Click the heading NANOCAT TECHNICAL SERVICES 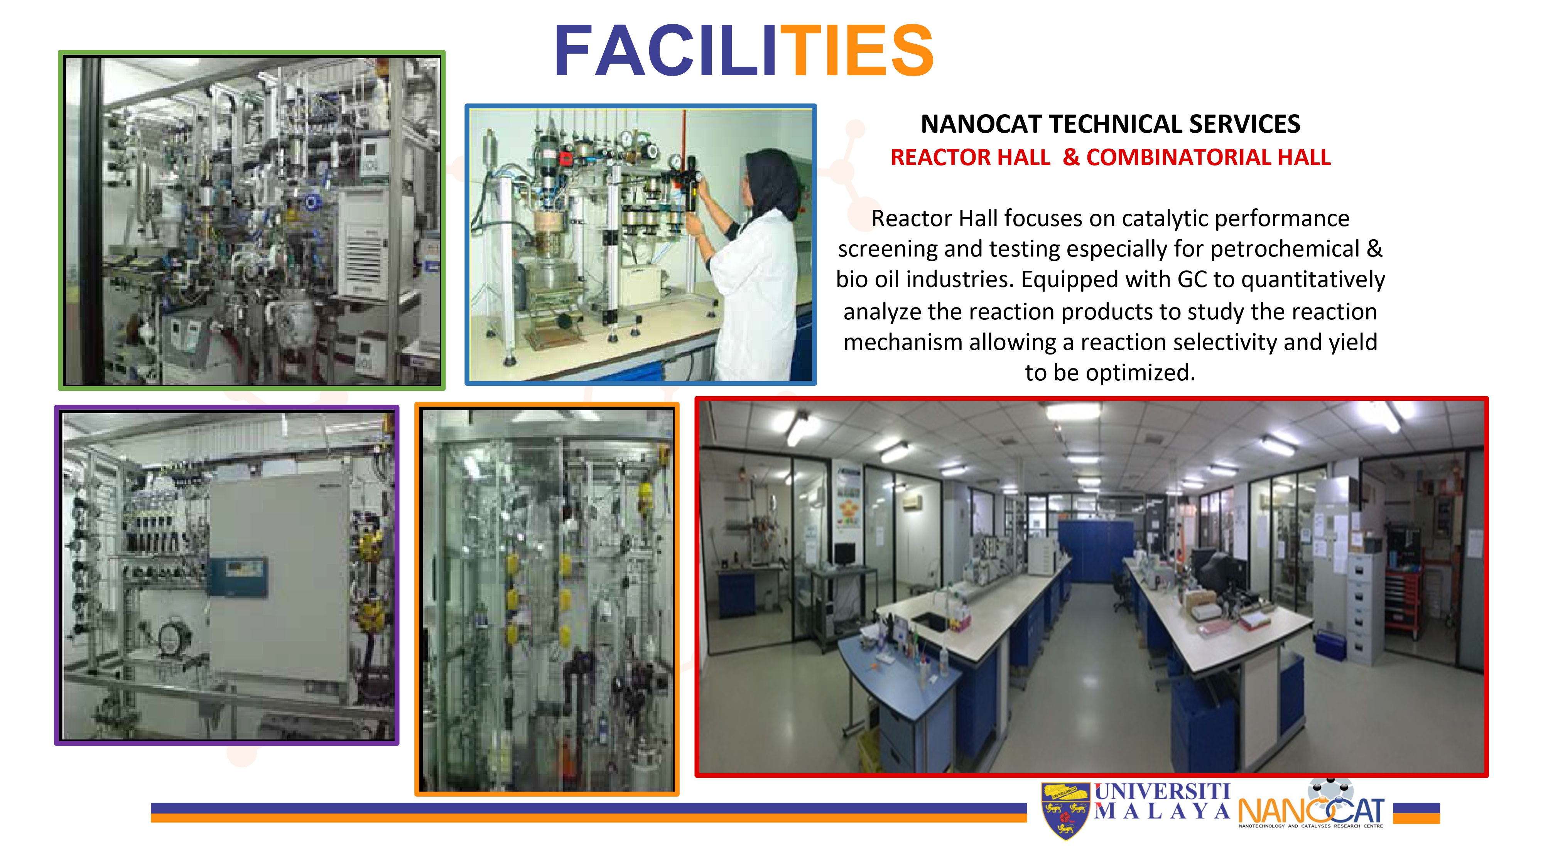pos(1110,124)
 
